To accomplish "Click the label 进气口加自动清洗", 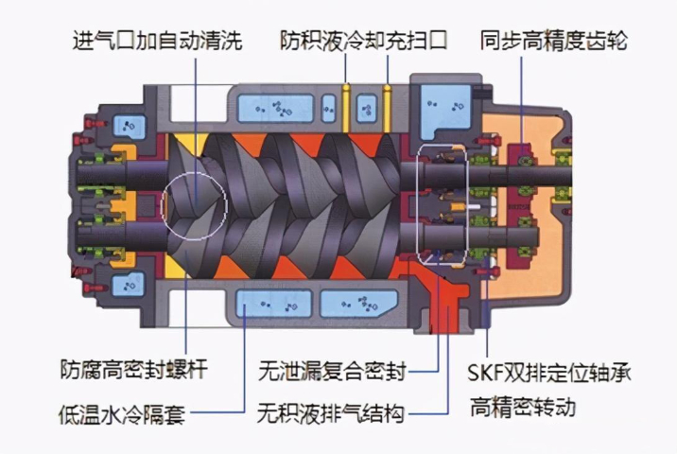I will pos(157,42).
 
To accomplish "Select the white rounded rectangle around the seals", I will pos(442,203).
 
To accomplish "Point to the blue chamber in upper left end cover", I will pos(129,124).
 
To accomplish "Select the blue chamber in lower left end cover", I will pos(129,281).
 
